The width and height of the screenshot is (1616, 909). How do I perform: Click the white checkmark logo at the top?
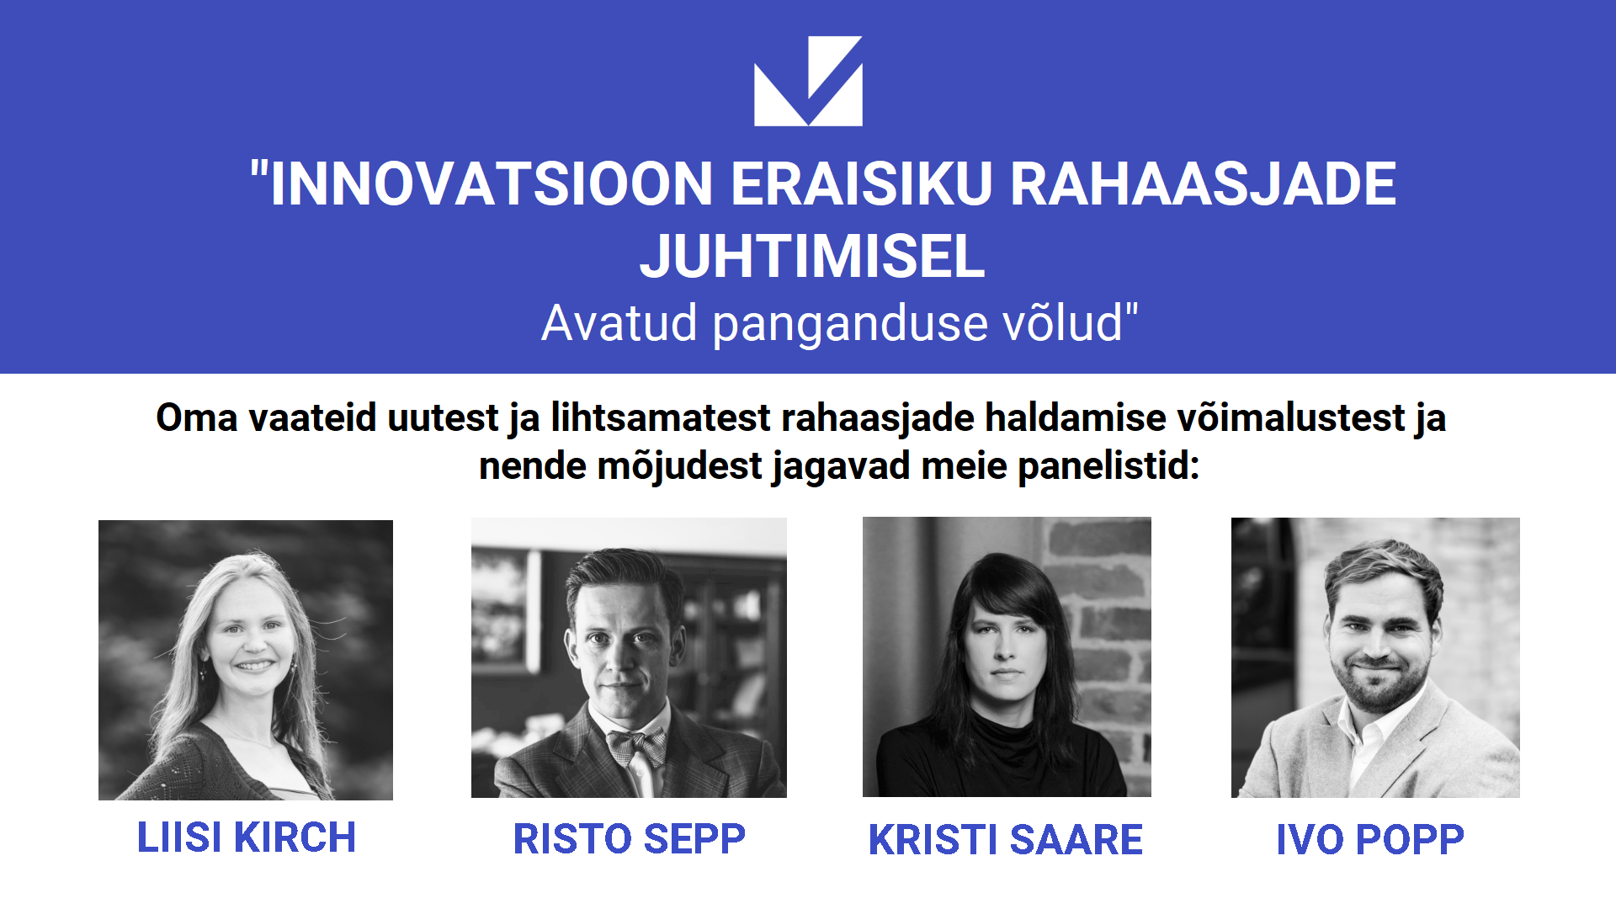pos(808,81)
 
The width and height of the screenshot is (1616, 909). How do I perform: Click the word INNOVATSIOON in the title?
pos(492,183)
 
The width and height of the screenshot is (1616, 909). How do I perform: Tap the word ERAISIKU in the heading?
pos(862,183)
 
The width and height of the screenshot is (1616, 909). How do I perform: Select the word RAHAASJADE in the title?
pos(1203,183)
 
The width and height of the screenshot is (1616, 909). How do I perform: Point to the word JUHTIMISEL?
pos(812,256)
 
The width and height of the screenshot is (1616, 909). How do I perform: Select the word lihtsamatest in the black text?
pos(661,417)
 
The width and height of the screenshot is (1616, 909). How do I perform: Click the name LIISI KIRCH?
pos(247,837)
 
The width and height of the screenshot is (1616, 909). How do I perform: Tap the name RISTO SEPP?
pos(630,839)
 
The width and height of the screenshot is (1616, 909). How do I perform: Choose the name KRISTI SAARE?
pos(1006,839)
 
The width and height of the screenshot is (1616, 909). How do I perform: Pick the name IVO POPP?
pos(1370,839)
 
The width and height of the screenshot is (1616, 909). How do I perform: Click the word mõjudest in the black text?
pos(680,466)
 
